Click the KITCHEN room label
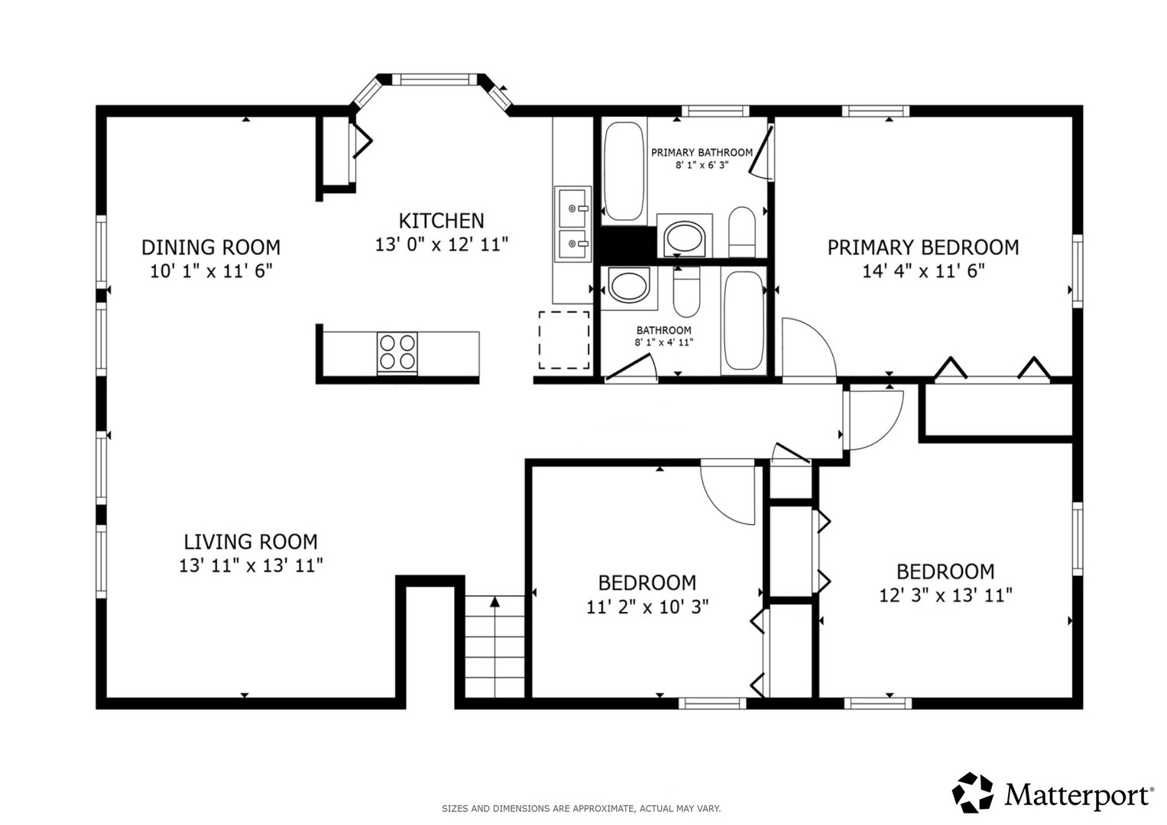tap(441, 221)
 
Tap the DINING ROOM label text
tap(211, 247)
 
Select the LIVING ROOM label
tap(251, 542)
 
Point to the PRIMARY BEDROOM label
tap(923, 247)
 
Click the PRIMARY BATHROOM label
tap(702, 153)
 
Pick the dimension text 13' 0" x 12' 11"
tap(441, 244)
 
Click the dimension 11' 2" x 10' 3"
tap(647, 607)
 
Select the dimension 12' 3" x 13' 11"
tap(945, 595)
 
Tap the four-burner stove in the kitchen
tap(397, 353)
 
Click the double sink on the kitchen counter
tap(572, 224)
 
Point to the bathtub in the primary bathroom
tap(624, 171)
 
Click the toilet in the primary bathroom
tap(742, 231)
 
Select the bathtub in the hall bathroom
tap(743, 321)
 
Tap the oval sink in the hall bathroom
tap(629, 286)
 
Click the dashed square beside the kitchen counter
tap(564, 340)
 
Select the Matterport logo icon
tap(972, 793)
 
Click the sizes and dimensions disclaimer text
tap(582, 809)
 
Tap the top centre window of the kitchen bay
tap(434, 79)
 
